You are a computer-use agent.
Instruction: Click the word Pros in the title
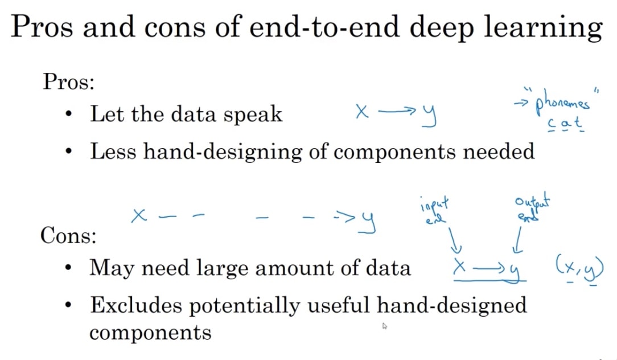click(x=42, y=27)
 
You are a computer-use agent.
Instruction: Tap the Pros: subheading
click(x=68, y=81)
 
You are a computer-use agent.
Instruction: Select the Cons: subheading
click(x=68, y=235)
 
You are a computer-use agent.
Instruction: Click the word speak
click(x=253, y=114)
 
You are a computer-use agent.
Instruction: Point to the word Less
click(x=113, y=152)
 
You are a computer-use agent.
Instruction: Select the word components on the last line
click(x=150, y=333)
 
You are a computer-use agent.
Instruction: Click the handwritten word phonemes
click(x=562, y=104)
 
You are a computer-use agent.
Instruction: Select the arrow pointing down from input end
click(x=454, y=240)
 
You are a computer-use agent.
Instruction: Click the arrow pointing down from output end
click(x=518, y=240)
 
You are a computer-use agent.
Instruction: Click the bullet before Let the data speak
click(x=69, y=114)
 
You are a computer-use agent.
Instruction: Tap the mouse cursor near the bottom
click(x=384, y=326)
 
